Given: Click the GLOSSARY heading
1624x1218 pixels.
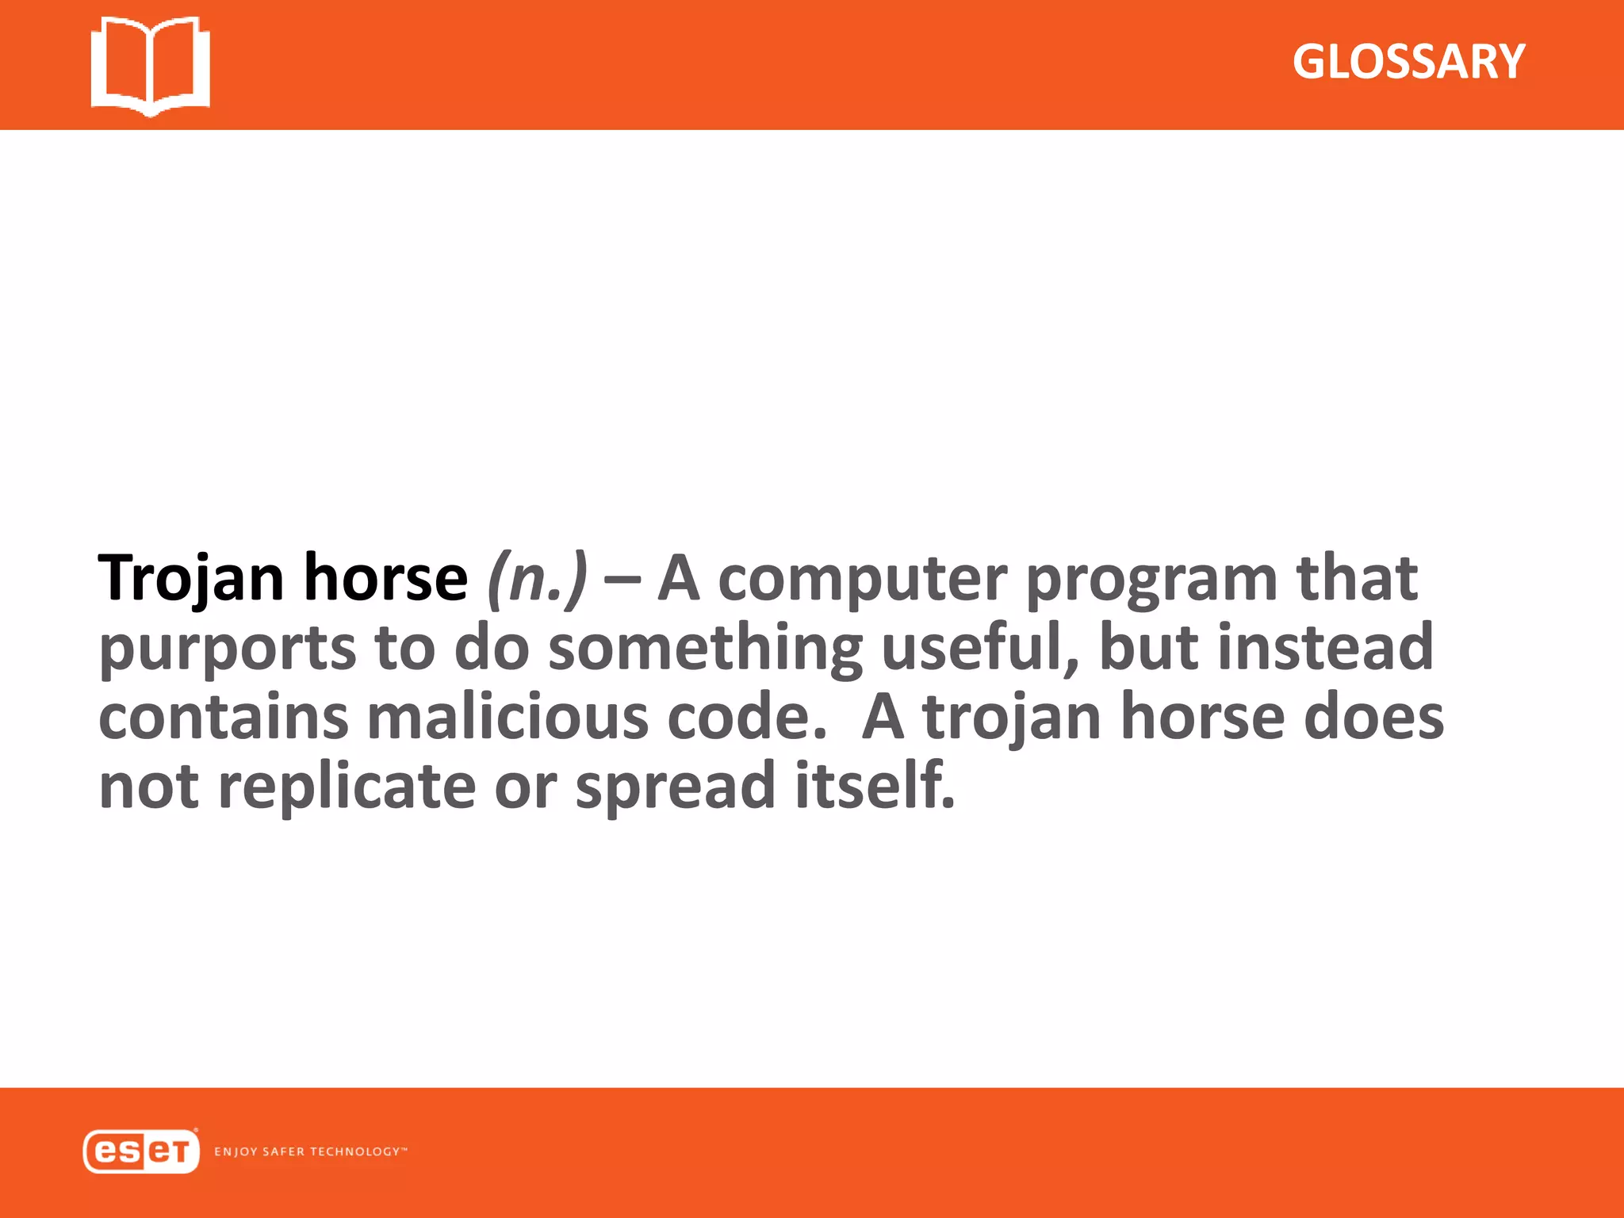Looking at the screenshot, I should [x=1408, y=62].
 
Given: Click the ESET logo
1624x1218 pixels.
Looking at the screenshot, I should [x=140, y=1151].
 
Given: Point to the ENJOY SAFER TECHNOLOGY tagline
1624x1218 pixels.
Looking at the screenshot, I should [x=310, y=1151].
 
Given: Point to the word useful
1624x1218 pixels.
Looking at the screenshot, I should [x=980, y=647].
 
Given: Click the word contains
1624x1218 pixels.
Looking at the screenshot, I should [x=223, y=717].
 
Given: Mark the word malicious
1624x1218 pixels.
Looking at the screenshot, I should [x=507, y=717].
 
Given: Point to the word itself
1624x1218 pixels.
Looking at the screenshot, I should [x=875, y=785].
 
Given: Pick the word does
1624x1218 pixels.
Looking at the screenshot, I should [x=1374, y=717].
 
